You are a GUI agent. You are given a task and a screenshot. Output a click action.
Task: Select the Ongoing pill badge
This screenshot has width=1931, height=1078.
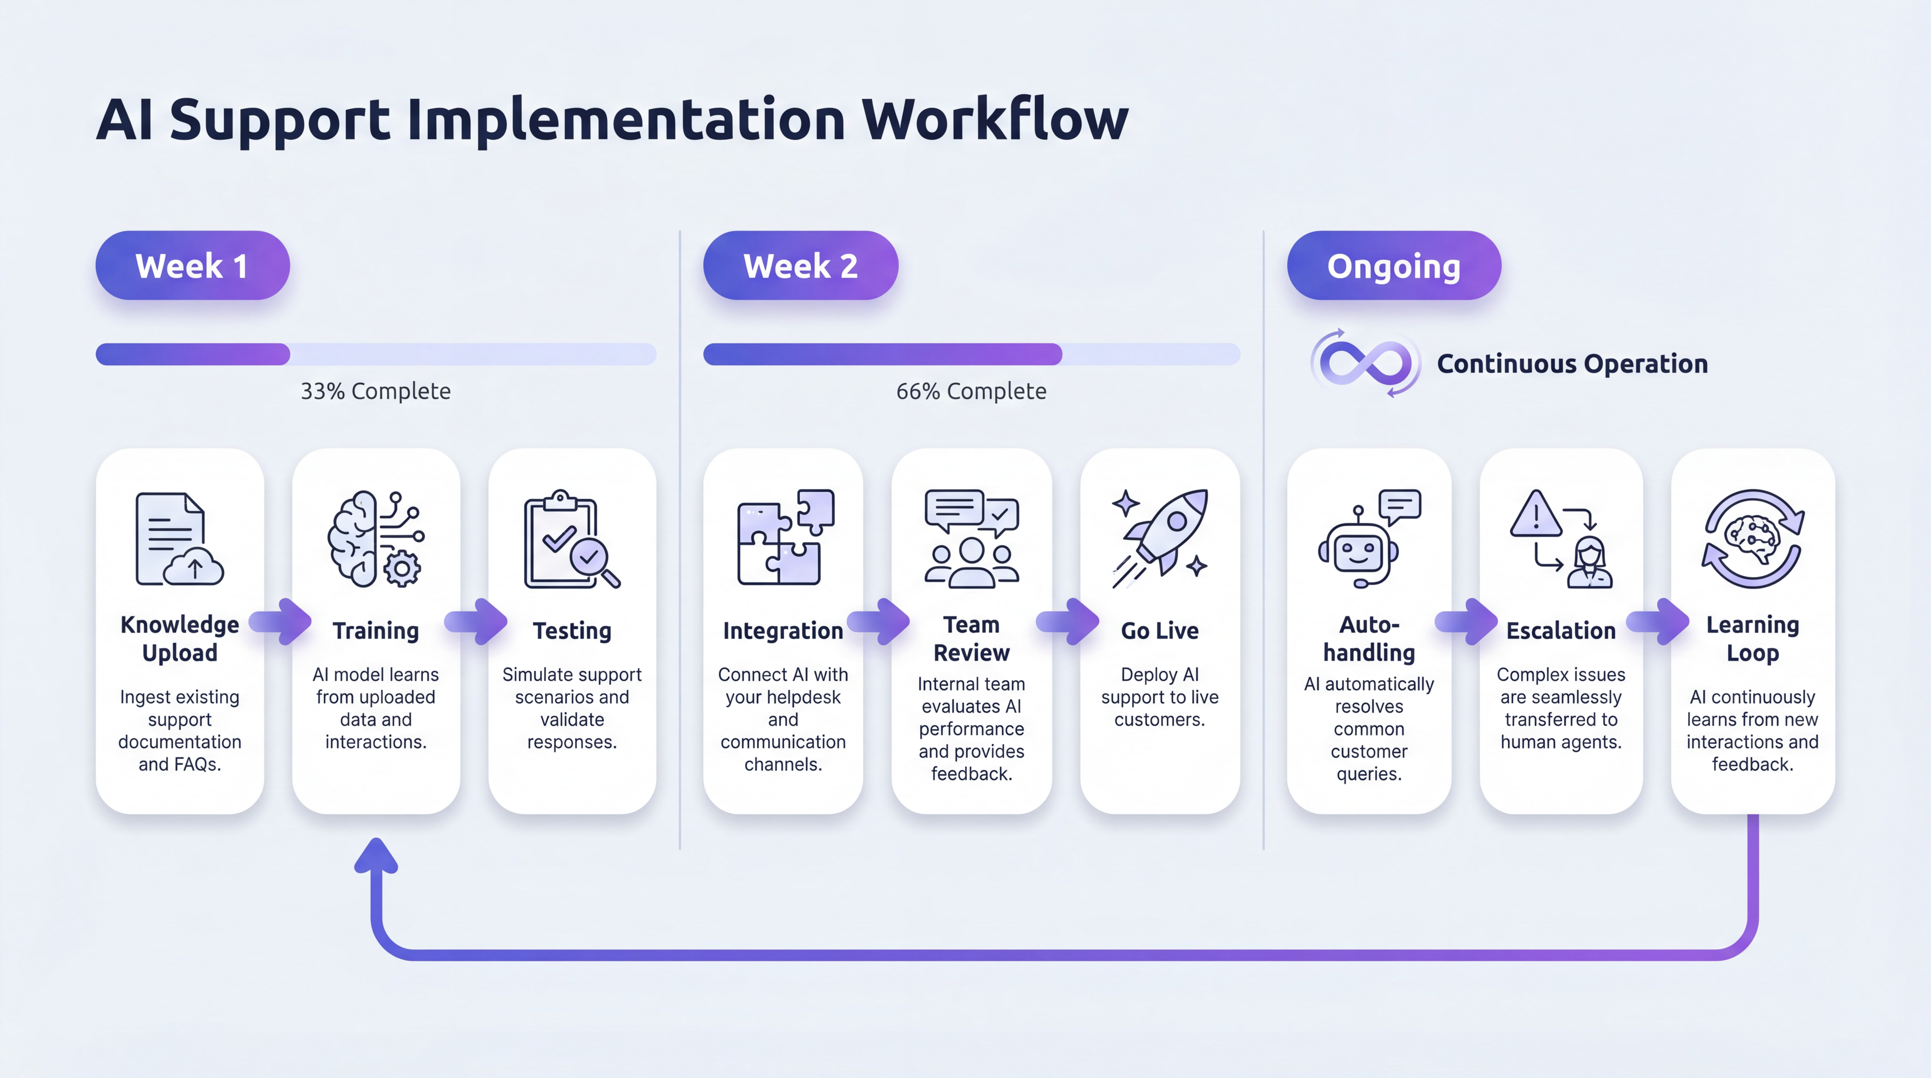click(x=1394, y=266)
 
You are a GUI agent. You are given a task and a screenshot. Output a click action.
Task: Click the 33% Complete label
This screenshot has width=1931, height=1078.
click(x=375, y=391)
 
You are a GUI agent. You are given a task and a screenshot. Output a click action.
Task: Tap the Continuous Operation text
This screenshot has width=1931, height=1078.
click(x=1572, y=364)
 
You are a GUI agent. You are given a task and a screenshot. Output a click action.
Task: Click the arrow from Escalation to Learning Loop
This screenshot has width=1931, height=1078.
click(x=1657, y=621)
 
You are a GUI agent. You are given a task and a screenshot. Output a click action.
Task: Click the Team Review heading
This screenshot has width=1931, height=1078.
click(x=971, y=639)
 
